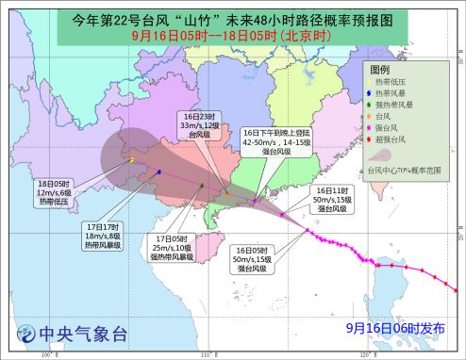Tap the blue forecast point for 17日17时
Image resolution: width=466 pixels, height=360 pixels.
tap(159, 172)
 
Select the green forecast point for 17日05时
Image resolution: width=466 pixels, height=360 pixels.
tap(202, 186)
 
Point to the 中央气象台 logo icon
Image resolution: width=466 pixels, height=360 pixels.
tap(25, 334)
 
